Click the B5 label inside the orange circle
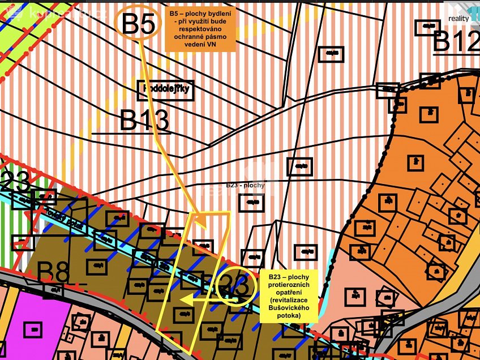138,24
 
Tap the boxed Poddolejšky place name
166,89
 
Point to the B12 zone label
456,41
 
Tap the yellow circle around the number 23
233,285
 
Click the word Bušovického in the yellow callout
289,307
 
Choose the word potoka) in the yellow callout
289,315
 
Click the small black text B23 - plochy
245,185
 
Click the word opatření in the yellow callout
289,292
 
